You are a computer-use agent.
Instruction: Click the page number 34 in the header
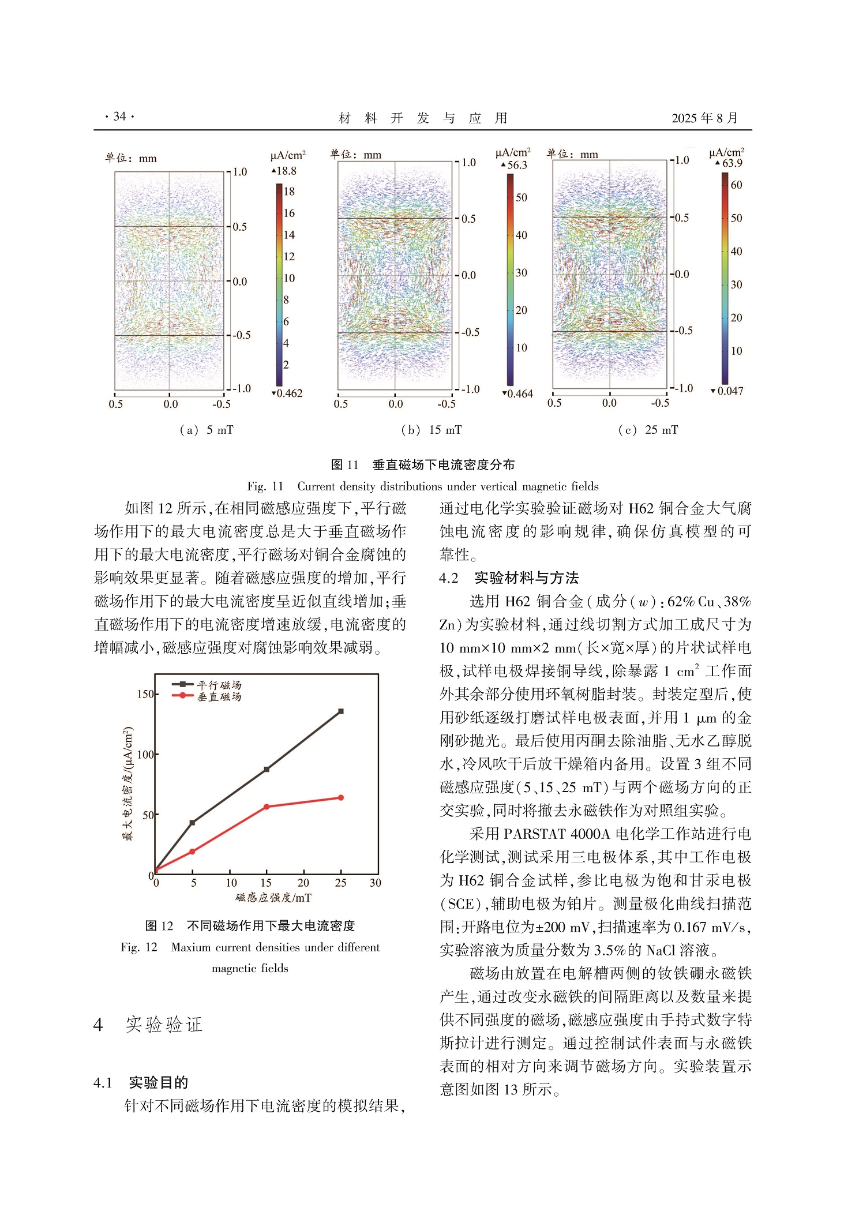tap(119, 117)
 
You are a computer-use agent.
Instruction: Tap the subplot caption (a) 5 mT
tap(207, 430)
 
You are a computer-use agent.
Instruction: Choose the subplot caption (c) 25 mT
tap(648, 430)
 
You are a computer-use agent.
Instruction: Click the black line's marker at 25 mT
tap(341, 711)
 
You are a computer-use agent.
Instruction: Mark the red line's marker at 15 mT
tap(267, 807)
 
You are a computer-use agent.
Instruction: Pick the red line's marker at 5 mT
tap(193, 852)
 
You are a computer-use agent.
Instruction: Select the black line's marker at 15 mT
tap(267, 770)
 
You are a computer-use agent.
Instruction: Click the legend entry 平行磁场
tap(219, 685)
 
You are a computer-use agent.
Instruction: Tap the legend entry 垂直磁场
tap(219, 696)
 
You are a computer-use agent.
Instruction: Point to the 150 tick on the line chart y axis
tap(145, 694)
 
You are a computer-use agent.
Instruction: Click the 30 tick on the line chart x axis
tap(376, 883)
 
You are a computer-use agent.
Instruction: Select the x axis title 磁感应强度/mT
tap(273, 898)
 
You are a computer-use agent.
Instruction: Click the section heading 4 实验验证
tap(148, 1025)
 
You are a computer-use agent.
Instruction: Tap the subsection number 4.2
tap(449, 578)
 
